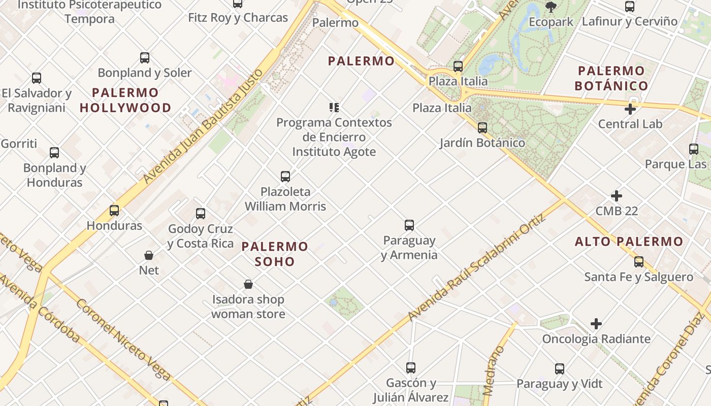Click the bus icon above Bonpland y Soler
145,58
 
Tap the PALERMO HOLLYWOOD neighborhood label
125,100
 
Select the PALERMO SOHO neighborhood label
275,254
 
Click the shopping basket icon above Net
149,255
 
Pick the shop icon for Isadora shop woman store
248,284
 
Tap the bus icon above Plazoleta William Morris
285,177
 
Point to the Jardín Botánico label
482,143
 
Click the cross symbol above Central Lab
630,109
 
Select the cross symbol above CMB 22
617,196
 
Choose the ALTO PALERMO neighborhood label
629,242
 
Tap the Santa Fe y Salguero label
638,277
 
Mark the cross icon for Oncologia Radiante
596,324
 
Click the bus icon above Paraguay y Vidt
560,369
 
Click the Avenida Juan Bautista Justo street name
203,125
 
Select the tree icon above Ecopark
551,7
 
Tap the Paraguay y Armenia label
409,247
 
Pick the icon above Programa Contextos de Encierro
334,108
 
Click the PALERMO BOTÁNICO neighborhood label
611,78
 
